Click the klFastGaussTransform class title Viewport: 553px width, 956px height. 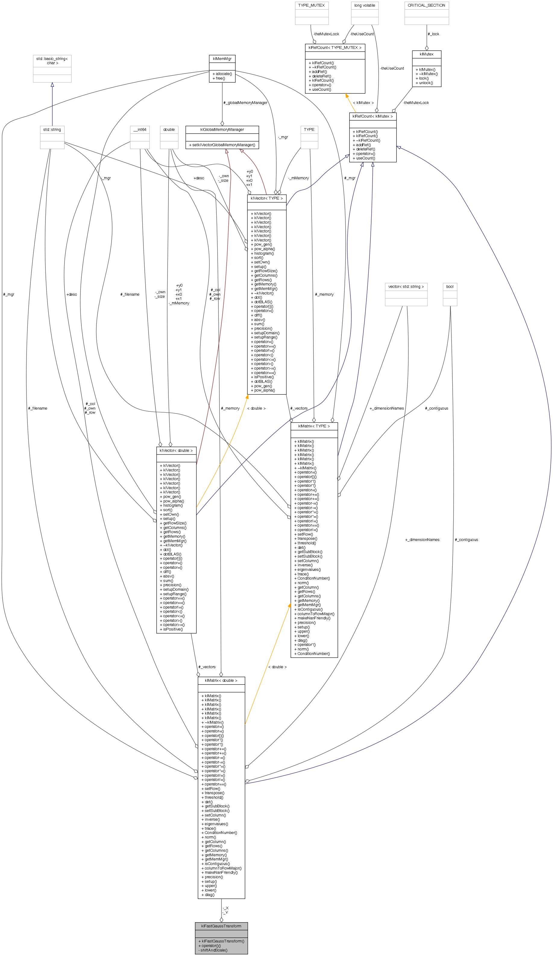click(x=221, y=926)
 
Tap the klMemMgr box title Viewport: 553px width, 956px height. click(x=222, y=59)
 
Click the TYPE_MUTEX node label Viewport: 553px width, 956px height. click(x=311, y=5)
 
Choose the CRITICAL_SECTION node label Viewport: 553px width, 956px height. click(x=426, y=5)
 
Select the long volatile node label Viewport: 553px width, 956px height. click(x=364, y=5)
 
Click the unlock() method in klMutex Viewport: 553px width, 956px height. click(x=424, y=83)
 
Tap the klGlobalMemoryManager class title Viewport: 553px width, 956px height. click(x=222, y=129)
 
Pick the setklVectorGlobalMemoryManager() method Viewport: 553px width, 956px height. click(x=222, y=145)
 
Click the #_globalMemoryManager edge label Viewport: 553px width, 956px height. click(x=245, y=102)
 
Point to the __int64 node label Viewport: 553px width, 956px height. click(x=140, y=129)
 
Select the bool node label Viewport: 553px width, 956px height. click(x=450, y=286)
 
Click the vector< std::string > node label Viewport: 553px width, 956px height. click(x=406, y=286)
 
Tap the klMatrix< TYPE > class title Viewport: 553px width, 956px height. click(x=314, y=426)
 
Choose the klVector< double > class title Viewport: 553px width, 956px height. click(x=176, y=450)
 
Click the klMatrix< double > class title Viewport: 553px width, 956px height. click(x=221, y=680)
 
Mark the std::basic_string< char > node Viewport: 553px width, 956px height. click(x=52, y=61)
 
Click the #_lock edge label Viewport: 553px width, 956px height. click(x=433, y=34)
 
